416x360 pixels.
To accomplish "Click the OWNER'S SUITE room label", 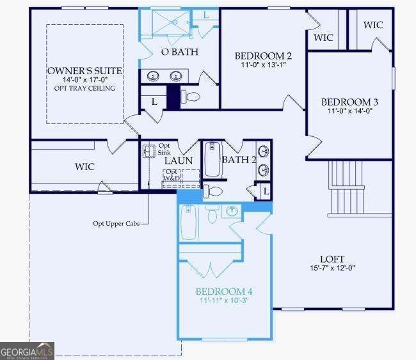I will point(84,70).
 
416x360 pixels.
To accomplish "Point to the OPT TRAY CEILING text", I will point(84,88).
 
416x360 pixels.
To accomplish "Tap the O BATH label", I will point(179,52).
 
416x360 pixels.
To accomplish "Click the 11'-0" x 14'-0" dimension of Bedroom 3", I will point(349,111).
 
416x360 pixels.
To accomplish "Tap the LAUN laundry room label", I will point(179,160).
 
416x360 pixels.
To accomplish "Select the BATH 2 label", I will point(239,160).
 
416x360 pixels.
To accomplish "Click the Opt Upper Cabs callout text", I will point(116,223).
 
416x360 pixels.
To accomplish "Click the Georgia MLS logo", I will point(27,351).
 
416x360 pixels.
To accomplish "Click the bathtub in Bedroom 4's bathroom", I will point(188,223).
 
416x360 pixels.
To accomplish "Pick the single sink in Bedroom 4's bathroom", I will point(232,212).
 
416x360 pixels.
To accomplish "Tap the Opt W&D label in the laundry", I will point(172,175).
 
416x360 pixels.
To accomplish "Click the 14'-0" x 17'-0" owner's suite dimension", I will point(84,79).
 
